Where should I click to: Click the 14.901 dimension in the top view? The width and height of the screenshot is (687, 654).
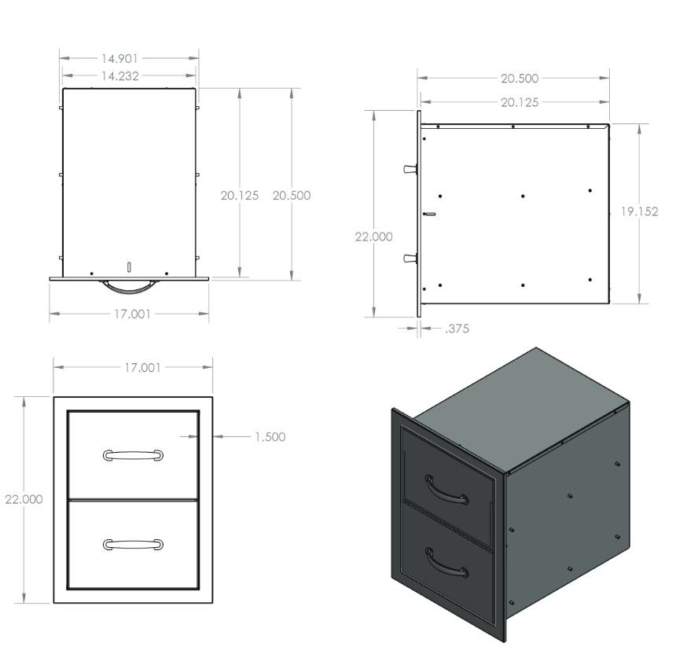point(119,58)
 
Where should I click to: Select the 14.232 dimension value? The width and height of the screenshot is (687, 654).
point(120,75)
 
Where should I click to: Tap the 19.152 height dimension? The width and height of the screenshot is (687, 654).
point(639,211)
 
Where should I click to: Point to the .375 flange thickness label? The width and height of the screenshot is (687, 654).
point(457,329)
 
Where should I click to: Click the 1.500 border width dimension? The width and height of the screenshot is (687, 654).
point(270,437)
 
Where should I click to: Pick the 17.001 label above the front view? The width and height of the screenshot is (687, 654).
point(142,368)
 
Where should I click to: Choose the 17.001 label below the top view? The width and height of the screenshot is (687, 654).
point(132,314)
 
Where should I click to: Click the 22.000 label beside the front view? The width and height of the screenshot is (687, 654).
point(24,499)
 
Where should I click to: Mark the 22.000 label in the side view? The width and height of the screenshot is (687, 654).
point(373,237)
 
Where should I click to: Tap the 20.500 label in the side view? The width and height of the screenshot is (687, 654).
point(520,79)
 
